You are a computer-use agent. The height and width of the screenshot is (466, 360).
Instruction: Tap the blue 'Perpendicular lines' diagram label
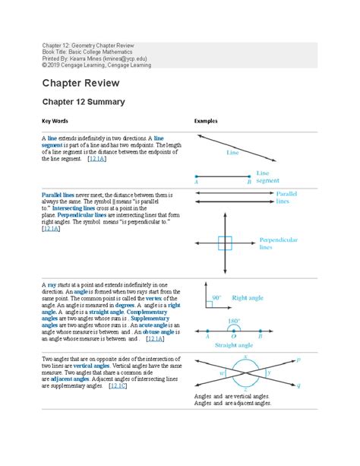[x=278, y=243]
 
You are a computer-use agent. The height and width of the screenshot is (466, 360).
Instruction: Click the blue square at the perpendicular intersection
[x=225, y=243]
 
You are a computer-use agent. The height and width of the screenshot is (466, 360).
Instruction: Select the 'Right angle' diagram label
[x=248, y=299]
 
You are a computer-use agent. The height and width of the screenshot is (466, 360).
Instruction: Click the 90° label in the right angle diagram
[x=216, y=298]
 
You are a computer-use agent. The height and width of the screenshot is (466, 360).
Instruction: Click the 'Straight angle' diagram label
[x=233, y=344]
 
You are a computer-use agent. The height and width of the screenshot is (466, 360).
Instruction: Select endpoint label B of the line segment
[x=248, y=182]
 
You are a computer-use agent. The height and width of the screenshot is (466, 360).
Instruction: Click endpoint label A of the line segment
[x=197, y=182]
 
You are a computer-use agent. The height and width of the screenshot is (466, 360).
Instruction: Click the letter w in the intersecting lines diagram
[x=220, y=373]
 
